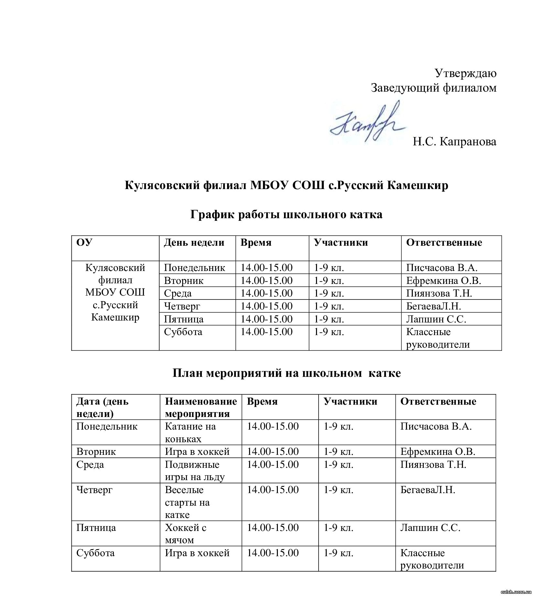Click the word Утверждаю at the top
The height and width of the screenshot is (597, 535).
(465, 73)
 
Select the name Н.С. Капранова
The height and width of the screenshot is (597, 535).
(454, 141)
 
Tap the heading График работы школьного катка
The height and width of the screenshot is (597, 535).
(286, 214)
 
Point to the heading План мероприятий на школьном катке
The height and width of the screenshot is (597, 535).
(286, 373)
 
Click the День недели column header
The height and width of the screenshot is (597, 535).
(194, 242)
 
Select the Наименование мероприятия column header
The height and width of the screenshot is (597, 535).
(201, 407)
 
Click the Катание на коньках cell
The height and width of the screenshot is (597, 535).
(190, 433)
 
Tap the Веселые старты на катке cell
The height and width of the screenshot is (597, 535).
(187, 502)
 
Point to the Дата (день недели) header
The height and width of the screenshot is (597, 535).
(102, 407)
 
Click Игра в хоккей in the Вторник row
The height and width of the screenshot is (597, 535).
(197, 451)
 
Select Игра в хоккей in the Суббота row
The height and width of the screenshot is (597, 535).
(197, 553)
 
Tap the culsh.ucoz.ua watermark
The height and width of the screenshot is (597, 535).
(516, 591)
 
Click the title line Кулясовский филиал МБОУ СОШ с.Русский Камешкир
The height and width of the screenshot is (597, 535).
(286, 186)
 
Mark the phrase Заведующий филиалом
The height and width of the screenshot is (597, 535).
(433, 88)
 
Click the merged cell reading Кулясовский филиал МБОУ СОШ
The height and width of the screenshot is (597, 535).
(115, 292)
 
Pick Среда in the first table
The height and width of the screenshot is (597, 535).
(178, 293)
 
